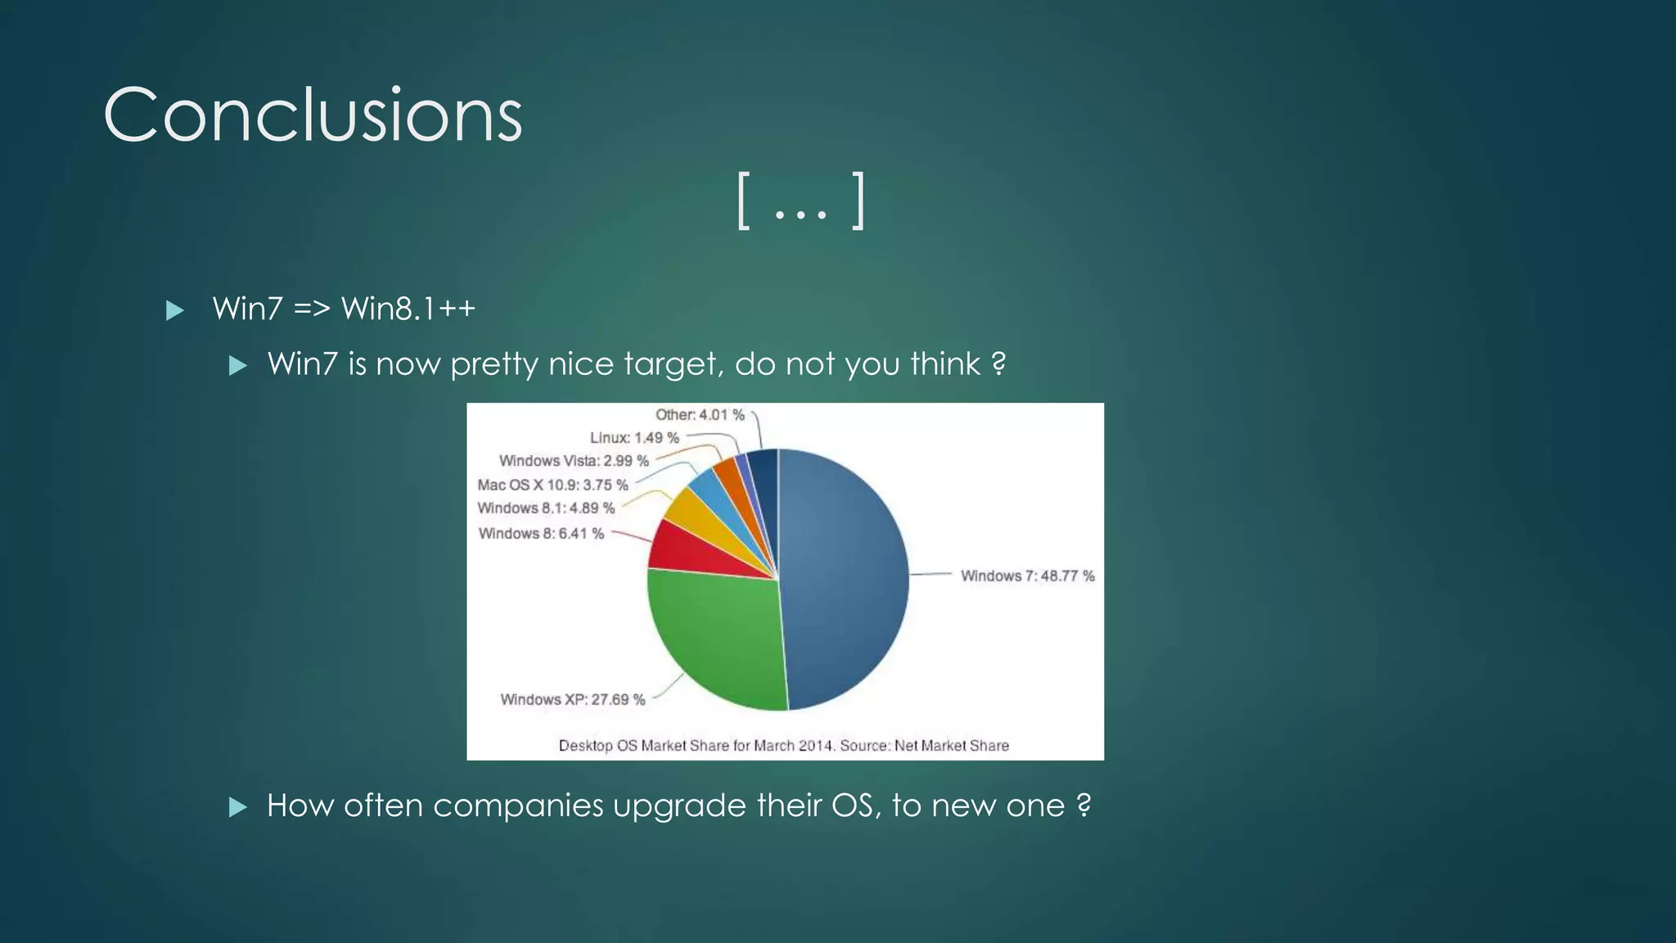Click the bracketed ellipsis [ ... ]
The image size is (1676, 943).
coord(801,201)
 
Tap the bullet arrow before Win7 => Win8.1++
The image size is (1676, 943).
coord(174,310)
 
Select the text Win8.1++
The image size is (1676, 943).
coord(408,309)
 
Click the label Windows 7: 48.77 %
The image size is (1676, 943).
coord(1027,575)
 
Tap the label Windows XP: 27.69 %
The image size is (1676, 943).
coord(572,699)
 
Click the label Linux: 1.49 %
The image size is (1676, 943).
coord(634,438)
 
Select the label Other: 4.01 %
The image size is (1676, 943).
coord(700,415)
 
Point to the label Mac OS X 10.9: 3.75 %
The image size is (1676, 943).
coord(552,485)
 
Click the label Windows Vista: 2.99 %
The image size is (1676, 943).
coord(574,461)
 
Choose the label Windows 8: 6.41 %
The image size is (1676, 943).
coord(541,534)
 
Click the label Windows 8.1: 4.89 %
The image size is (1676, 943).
coord(546,508)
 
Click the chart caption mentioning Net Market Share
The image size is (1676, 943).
coord(783,746)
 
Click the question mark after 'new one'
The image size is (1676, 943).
coord(1084,805)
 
